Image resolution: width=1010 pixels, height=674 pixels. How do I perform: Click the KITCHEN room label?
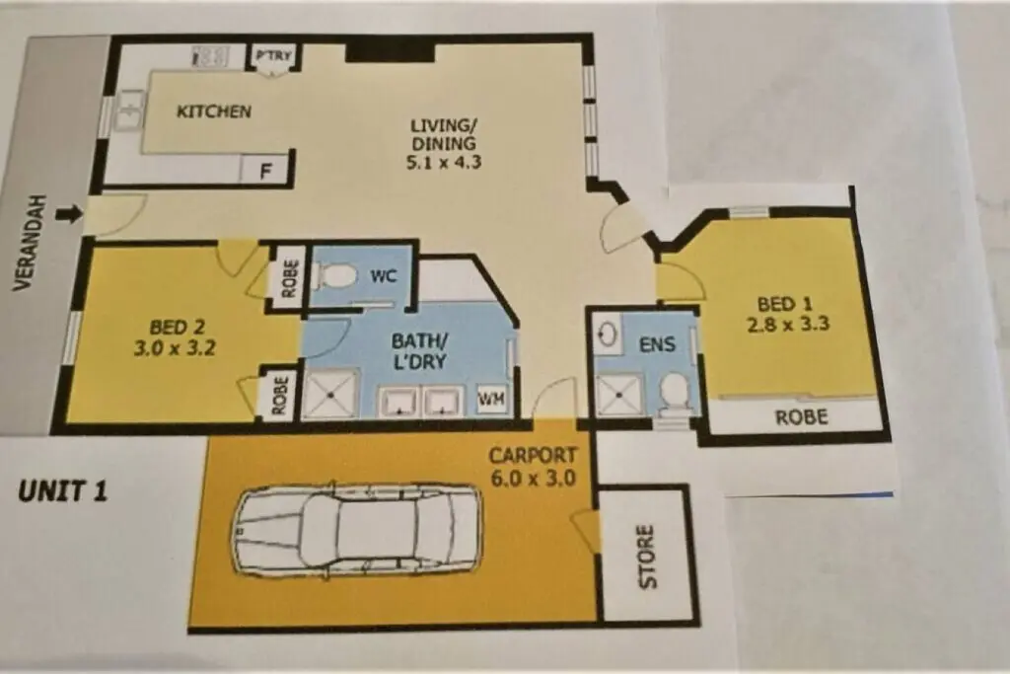tap(214, 111)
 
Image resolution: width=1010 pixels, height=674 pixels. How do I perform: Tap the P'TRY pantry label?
tap(274, 55)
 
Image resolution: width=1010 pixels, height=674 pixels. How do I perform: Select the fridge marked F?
tap(264, 172)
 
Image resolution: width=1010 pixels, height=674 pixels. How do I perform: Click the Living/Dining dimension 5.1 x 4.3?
tap(444, 162)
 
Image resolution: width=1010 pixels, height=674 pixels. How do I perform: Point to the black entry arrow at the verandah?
tap(70, 213)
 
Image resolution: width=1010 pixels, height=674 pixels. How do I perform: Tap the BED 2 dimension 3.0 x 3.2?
tap(175, 348)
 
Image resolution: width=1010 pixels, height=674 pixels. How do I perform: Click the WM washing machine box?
tap(491, 400)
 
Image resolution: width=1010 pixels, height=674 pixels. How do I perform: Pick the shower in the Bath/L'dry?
tap(330, 393)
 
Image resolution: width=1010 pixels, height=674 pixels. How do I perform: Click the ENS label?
tap(657, 344)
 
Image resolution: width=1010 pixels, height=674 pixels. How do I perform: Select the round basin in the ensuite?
tap(608, 334)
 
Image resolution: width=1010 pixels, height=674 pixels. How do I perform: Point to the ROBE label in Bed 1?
tap(801, 417)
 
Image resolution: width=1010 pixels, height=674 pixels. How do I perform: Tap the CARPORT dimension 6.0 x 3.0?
tap(533, 479)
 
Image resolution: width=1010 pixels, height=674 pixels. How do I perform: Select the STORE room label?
tap(647, 557)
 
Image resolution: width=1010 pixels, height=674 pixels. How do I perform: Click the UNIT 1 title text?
tap(62, 491)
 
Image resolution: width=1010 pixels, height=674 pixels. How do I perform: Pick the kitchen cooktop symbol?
tap(210, 56)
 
